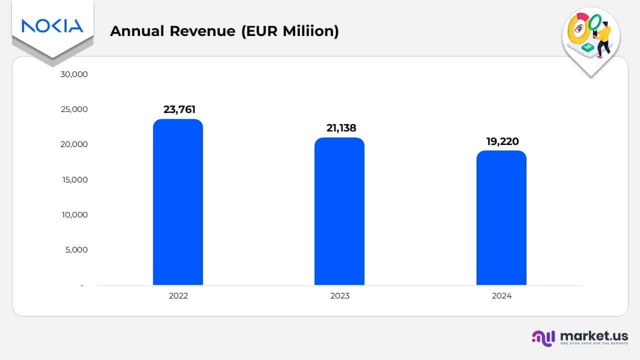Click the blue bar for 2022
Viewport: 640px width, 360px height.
(x=178, y=202)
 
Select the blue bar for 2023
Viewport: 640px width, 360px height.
(x=339, y=211)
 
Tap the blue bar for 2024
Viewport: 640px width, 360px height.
(x=501, y=217)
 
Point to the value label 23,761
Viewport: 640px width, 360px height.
(x=179, y=109)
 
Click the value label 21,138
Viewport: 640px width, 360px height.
(x=341, y=128)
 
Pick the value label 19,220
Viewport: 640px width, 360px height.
(x=502, y=141)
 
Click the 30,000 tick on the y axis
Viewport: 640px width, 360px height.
(x=73, y=74)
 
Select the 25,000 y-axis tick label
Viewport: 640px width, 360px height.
(x=73, y=109)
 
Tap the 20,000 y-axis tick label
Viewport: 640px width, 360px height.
(x=73, y=144)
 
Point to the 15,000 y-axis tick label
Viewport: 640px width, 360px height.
(x=73, y=179)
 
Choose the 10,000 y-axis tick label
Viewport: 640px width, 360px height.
(x=73, y=214)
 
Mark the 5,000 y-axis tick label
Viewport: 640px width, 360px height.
(x=76, y=249)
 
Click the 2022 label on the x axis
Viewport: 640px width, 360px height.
(x=178, y=295)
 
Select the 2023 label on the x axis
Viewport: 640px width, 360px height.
(x=340, y=295)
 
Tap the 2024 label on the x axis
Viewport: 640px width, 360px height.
(x=501, y=295)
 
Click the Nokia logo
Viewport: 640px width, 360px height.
(x=52, y=25)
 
